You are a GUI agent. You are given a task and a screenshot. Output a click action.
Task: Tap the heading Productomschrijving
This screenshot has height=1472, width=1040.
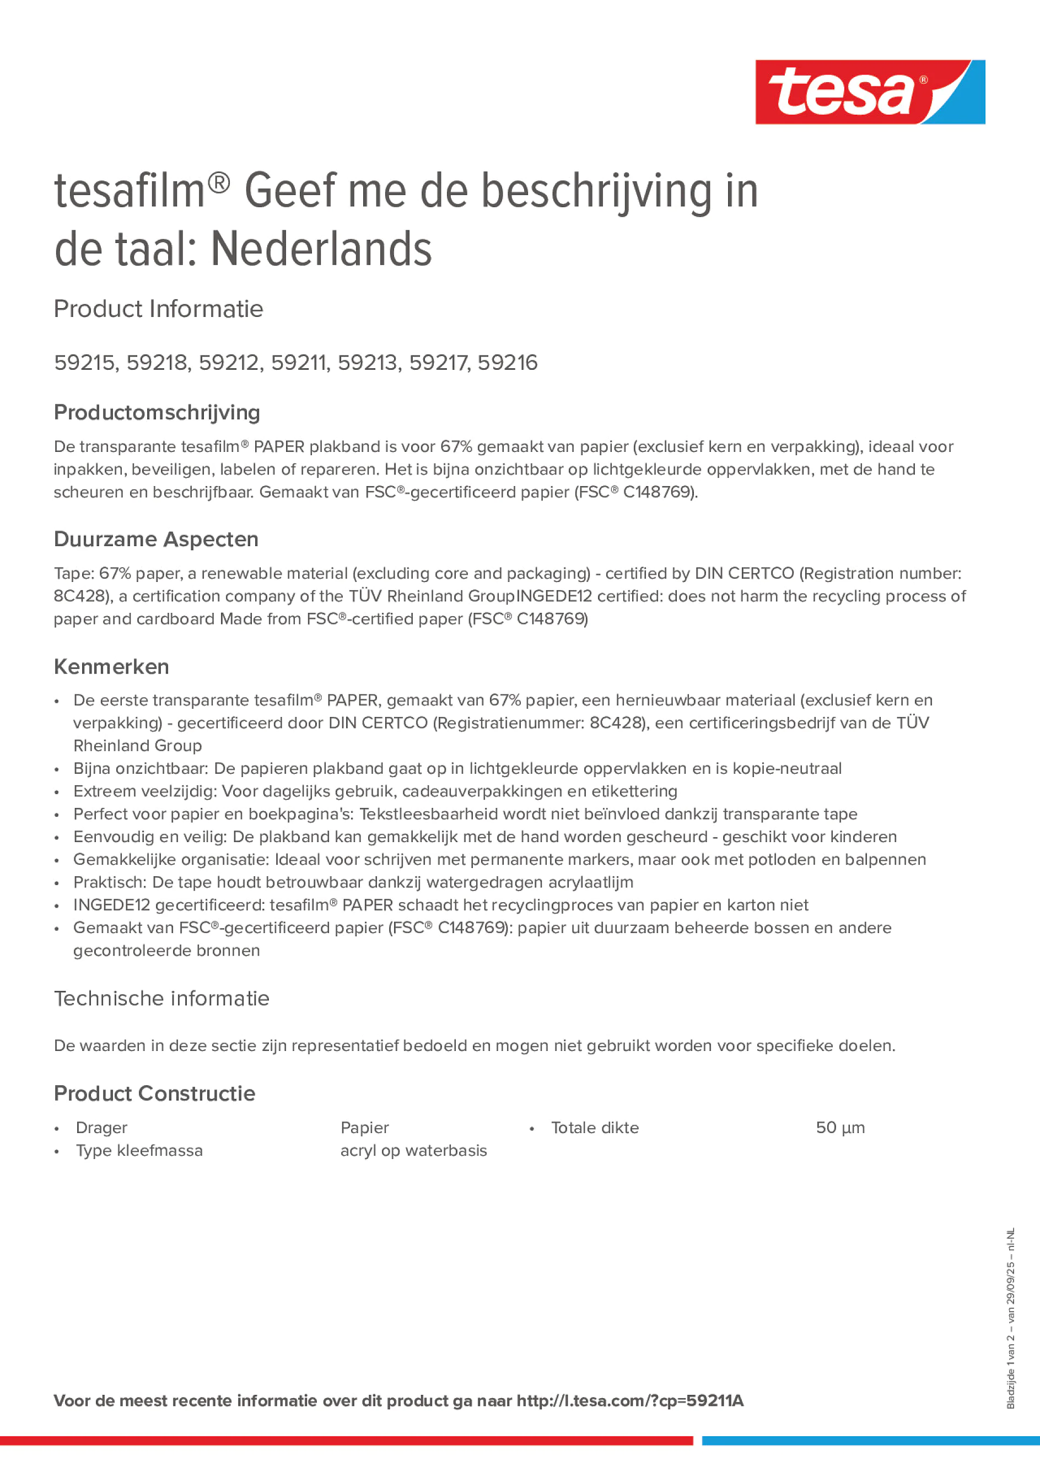(x=157, y=412)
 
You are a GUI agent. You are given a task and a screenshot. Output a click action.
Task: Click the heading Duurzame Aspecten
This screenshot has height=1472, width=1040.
(x=156, y=539)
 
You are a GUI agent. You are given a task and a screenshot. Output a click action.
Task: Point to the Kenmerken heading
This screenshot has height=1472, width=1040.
(x=111, y=667)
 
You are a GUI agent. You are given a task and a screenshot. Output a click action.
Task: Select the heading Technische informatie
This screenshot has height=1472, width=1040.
(x=161, y=998)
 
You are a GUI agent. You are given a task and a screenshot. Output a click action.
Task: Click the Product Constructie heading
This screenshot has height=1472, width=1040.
(x=154, y=1093)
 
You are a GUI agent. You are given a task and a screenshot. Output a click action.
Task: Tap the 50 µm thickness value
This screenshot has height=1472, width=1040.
(x=840, y=1128)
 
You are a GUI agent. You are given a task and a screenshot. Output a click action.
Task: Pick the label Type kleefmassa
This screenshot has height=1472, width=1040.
(x=138, y=1150)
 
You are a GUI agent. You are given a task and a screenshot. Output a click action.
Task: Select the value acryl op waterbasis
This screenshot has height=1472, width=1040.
(x=413, y=1150)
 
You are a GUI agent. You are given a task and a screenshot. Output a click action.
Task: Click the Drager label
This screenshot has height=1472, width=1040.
(x=101, y=1128)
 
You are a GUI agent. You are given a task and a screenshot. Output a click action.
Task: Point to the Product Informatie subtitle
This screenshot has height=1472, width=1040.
(x=158, y=309)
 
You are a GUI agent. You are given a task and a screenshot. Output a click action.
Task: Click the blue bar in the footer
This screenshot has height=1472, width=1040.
(x=870, y=1441)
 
